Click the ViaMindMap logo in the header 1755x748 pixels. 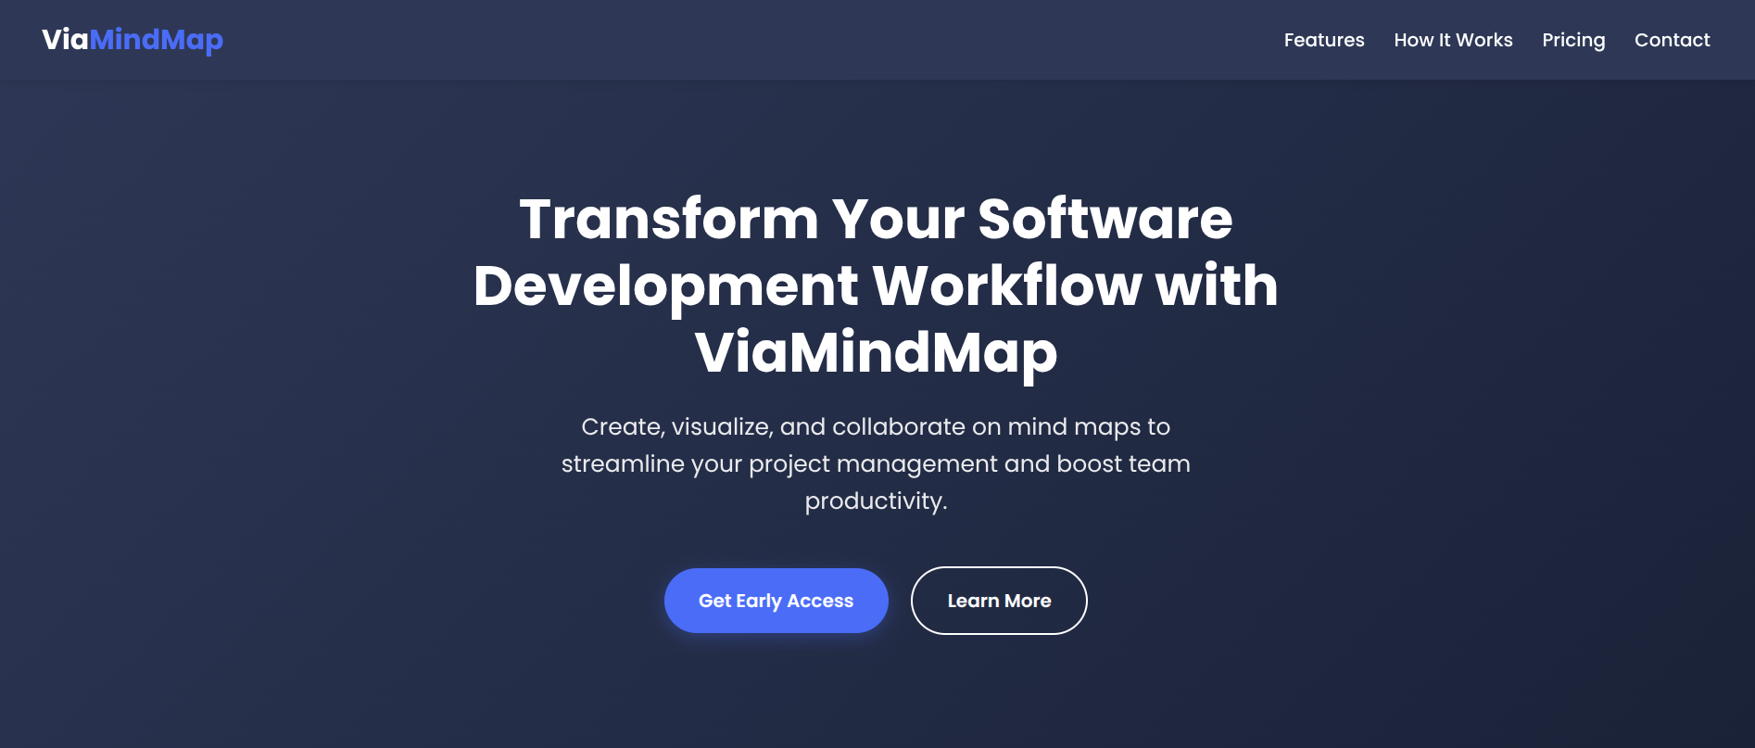(133, 40)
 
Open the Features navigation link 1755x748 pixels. (1323, 40)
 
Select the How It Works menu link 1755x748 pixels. (1453, 40)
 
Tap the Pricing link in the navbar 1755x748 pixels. (1573, 40)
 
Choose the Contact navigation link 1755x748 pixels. (1672, 40)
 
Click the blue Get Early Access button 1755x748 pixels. (776, 601)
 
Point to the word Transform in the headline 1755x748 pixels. (668, 220)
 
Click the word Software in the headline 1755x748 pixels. (1105, 220)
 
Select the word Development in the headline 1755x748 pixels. (666, 286)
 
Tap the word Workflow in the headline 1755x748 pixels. (1006, 286)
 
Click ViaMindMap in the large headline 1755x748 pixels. (876, 353)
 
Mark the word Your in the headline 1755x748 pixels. (898, 220)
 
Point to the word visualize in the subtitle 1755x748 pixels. (722, 427)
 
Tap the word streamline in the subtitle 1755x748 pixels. (622, 464)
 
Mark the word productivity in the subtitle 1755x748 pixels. (875, 501)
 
